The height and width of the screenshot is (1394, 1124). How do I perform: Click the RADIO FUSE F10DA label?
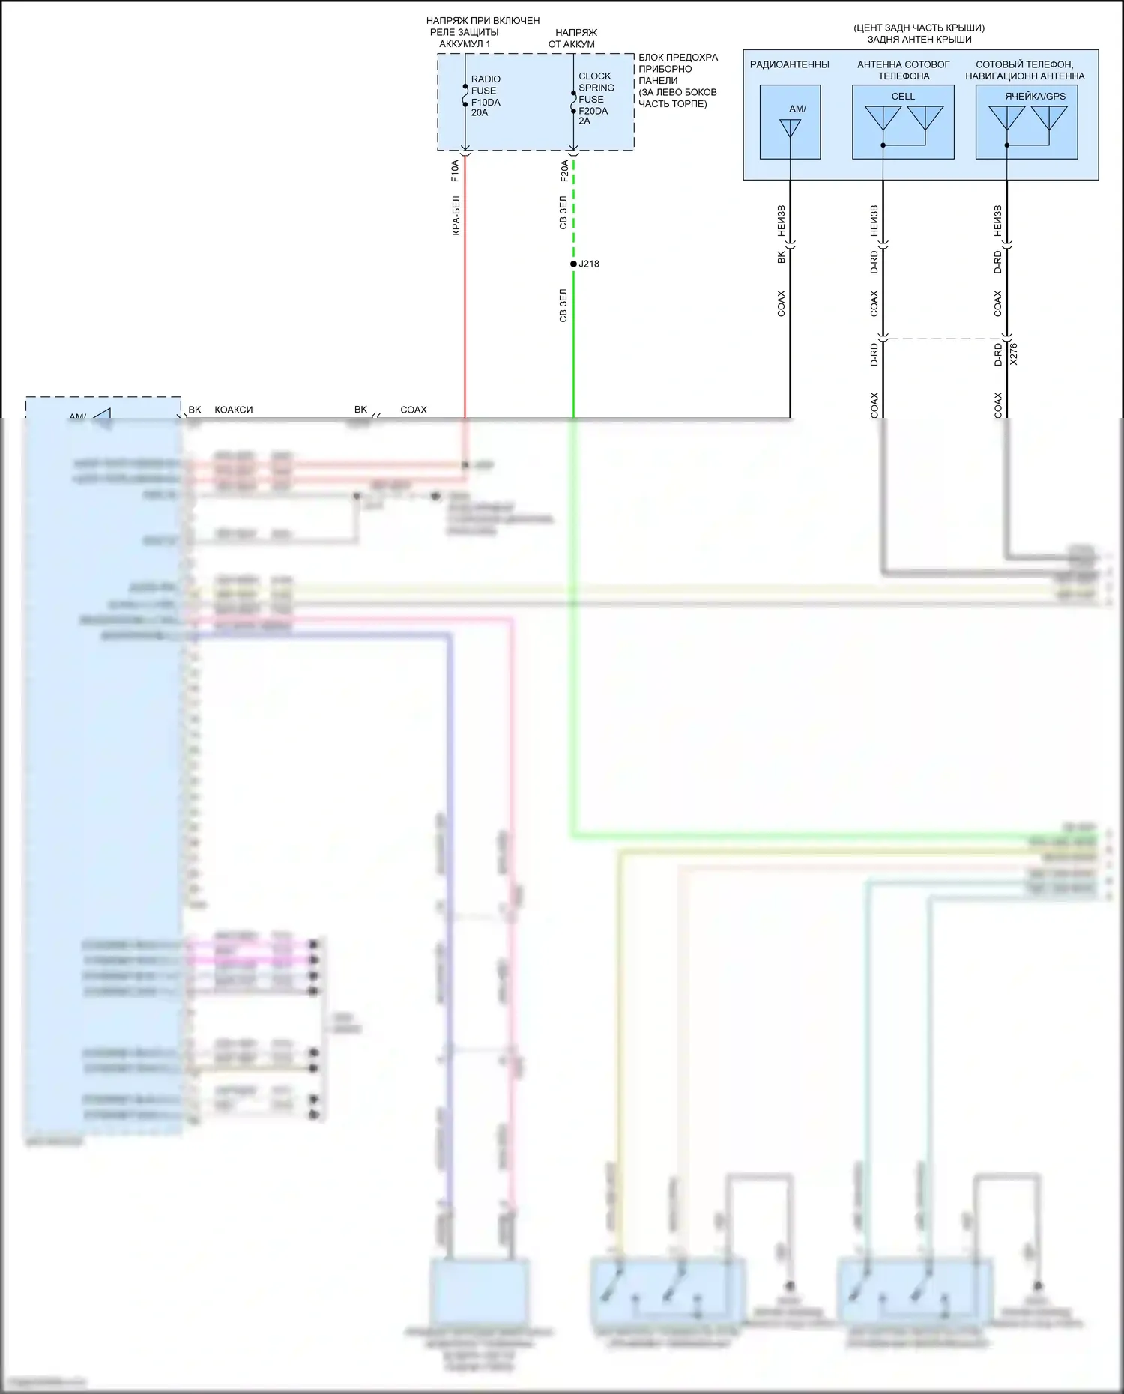point(486,96)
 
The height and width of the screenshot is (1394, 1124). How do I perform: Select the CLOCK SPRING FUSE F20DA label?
point(596,98)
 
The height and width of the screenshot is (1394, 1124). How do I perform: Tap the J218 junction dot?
point(574,264)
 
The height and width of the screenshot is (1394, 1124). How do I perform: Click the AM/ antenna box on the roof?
point(790,122)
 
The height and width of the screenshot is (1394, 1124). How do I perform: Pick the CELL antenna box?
point(903,122)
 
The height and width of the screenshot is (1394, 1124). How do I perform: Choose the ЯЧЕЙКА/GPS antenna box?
point(1027,122)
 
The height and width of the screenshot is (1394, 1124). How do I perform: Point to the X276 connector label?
point(1014,354)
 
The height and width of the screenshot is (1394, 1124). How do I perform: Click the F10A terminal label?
point(455,171)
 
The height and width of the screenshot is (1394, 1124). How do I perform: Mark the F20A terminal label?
point(564,171)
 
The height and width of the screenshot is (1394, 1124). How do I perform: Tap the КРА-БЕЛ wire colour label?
point(456,216)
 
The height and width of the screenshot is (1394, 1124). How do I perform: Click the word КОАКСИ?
point(234,410)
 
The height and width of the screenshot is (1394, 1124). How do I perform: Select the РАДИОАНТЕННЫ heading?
point(789,64)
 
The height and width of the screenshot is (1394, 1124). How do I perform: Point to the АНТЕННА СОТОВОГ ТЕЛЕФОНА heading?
point(903,70)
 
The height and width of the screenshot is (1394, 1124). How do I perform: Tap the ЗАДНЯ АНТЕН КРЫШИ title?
point(919,40)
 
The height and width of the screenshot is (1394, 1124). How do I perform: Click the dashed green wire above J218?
point(574,210)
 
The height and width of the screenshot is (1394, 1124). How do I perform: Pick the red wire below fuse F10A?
point(465,300)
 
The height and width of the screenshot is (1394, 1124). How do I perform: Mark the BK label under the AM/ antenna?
point(781,257)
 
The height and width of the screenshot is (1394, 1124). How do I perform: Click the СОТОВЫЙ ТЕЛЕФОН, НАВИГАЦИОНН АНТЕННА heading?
point(1024,70)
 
